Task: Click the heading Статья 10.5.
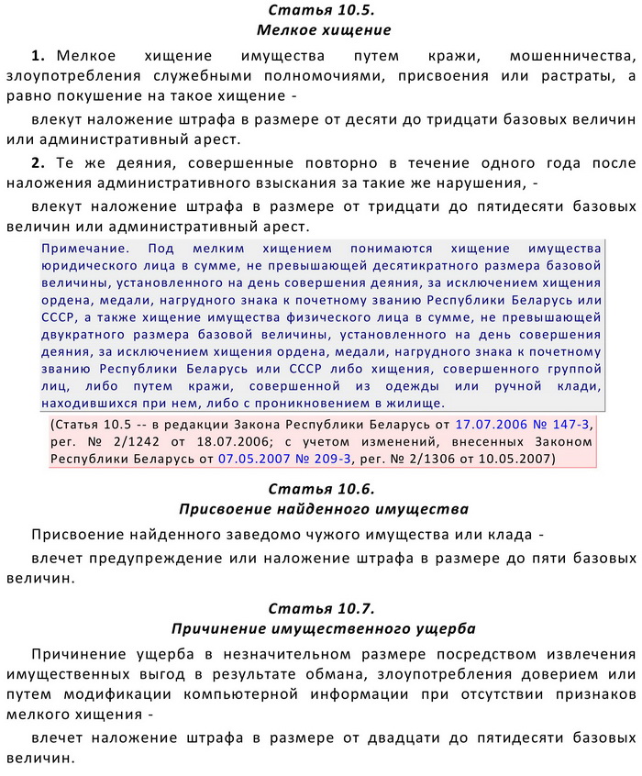(321, 10)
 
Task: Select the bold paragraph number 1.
(38, 56)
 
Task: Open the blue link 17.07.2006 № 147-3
(524, 425)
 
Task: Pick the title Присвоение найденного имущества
(321, 508)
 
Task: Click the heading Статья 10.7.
(321, 609)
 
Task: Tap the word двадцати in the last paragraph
(405, 738)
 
